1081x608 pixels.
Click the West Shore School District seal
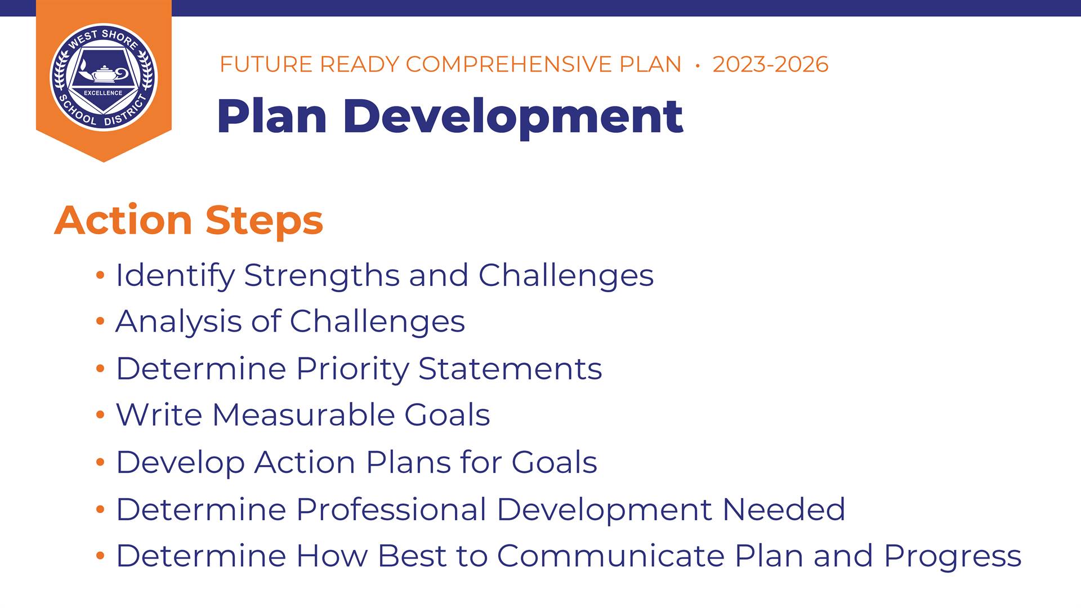[x=104, y=77]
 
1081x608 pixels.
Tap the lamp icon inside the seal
[x=103, y=73]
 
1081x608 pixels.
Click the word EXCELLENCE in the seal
[x=103, y=93]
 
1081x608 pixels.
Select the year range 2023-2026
[x=770, y=64]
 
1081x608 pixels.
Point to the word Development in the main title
[x=512, y=117]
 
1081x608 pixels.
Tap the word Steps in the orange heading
[x=265, y=221]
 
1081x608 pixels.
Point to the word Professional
[x=391, y=509]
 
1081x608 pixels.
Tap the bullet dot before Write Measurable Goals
[x=100, y=415]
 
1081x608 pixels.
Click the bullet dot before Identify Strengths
[x=100, y=276]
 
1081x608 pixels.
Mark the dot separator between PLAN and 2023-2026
[x=698, y=65]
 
